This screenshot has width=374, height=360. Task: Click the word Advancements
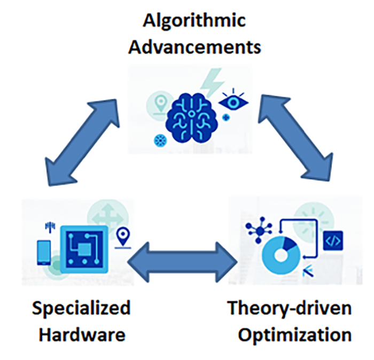194,46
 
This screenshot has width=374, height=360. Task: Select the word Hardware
82,334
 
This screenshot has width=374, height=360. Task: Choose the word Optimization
295,335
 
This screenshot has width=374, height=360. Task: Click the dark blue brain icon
192,118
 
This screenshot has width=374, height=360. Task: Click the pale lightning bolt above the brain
212,82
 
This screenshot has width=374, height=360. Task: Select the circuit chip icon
84,249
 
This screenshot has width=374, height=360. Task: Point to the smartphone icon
44,253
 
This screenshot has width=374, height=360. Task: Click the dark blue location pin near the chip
123,238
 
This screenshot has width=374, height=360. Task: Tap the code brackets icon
333,241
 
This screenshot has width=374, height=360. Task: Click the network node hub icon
259,230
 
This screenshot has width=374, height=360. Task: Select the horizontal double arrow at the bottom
183,262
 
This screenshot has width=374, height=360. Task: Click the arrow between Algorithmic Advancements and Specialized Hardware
82,143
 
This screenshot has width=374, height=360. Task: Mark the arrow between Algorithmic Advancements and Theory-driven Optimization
295,138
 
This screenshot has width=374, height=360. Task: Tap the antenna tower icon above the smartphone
50,228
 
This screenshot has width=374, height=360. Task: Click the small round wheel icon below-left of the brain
160,140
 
